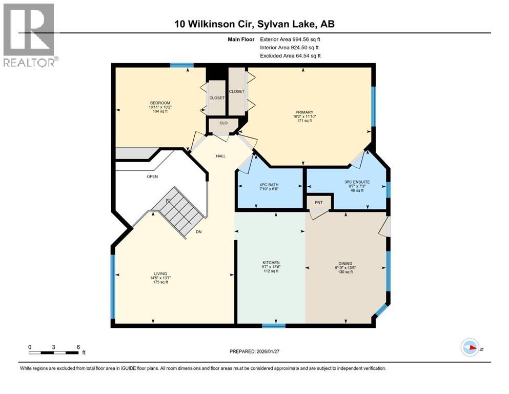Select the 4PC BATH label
pos(270,184)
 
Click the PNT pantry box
pos(318,202)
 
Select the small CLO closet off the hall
pos(223,123)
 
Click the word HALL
pos(221,156)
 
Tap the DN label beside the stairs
pos(198,232)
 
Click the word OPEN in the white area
pos(152,176)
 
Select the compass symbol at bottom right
pos(470,347)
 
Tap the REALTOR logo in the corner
pos(29,34)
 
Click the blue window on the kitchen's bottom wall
pos(273,325)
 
